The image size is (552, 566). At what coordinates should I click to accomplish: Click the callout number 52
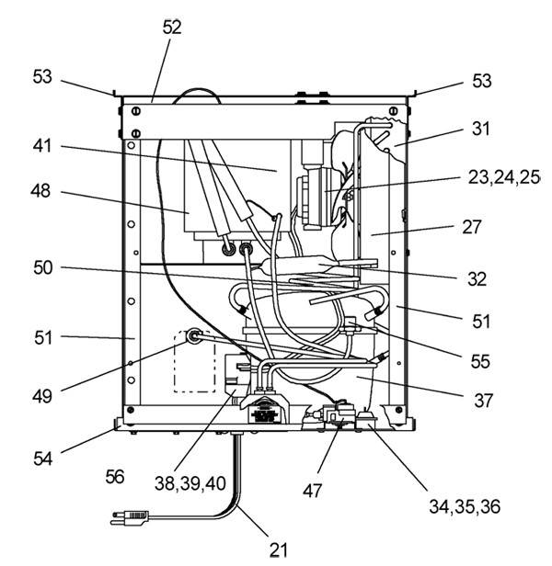tap(172, 28)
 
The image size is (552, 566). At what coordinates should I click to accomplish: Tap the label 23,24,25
tap(503, 177)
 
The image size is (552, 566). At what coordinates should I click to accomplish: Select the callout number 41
tap(42, 146)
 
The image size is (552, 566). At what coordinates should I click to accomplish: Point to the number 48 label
tap(40, 190)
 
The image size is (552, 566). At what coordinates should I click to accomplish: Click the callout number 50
tap(43, 268)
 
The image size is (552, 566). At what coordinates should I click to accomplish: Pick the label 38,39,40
tap(190, 483)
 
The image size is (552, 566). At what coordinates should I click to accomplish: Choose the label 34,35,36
tap(465, 506)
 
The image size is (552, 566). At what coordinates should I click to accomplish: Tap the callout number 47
tap(312, 491)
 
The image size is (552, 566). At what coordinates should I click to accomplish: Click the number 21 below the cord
tap(279, 550)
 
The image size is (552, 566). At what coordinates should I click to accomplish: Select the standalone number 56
tap(115, 477)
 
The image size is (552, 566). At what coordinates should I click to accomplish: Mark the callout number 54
tap(43, 458)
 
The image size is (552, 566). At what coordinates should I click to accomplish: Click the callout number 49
tap(42, 396)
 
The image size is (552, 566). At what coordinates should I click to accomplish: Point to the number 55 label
tap(480, 361)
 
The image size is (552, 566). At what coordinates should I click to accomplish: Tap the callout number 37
tap(483, 401)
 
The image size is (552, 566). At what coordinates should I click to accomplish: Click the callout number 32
tap(477, 279)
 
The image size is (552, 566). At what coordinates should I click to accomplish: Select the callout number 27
tap(472, 227)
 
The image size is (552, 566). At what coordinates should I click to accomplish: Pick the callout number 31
tap(481, 129)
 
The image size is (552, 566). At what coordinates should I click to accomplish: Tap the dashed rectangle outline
tap(174, 362)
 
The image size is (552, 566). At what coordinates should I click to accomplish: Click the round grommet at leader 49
tap(194, 336)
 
